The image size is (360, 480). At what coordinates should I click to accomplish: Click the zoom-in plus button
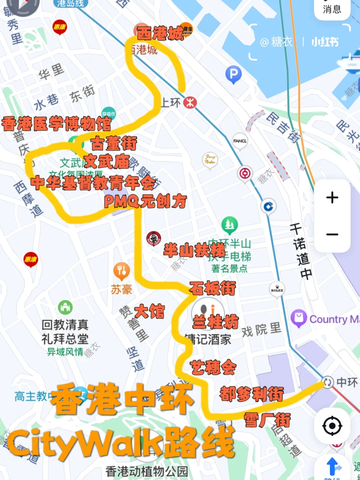point(332,198)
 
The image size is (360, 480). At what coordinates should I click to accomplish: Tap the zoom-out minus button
point(332,234)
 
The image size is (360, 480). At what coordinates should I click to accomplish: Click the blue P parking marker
point(233,74)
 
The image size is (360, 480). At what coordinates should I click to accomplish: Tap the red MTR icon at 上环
point(190,102)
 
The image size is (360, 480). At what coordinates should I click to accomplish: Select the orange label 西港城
point(160,33)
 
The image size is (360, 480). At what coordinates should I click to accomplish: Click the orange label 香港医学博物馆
point(56,124)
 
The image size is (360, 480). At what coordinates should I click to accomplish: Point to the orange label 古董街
point(114,144)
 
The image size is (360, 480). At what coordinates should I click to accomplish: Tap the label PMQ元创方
point(145,201)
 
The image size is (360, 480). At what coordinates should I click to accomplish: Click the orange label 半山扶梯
point(194,250)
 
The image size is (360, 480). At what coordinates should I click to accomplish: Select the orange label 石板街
point(212,288)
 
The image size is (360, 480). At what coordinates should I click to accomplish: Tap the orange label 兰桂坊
point(216,322)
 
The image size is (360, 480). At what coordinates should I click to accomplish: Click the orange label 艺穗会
point(213,367)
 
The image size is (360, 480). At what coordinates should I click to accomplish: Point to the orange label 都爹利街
point(252,394)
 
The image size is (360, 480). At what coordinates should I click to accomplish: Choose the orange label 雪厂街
point(267,420)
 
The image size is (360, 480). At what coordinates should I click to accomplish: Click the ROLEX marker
point(277,289)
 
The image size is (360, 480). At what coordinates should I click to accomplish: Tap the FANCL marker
point(240,141)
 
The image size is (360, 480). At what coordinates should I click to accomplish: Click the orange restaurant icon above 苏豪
point(122,271)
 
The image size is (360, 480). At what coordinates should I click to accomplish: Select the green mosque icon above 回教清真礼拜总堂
point(65,307)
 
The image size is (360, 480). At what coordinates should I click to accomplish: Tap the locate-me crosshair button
point(332,426)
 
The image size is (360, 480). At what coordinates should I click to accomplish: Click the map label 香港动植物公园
point(147,471)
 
